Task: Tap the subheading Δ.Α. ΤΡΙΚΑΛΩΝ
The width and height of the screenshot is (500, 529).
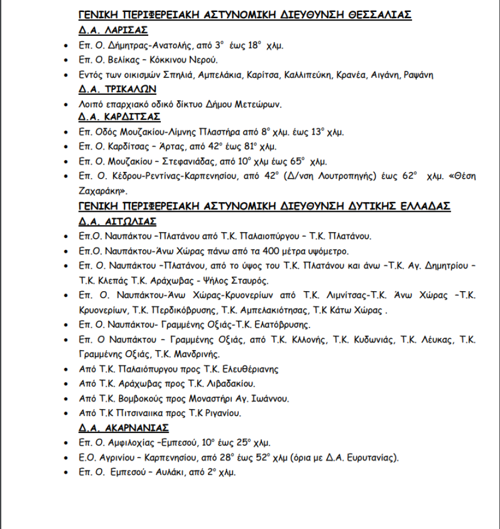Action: click(x=118, y=89)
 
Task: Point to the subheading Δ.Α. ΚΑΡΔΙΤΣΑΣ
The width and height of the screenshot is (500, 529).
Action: click(x=119, y=117)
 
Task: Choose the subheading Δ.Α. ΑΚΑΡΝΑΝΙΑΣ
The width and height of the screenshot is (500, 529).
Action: click(x=123, y=427)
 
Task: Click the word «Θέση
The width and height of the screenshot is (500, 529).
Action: click(x=463, y=177)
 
